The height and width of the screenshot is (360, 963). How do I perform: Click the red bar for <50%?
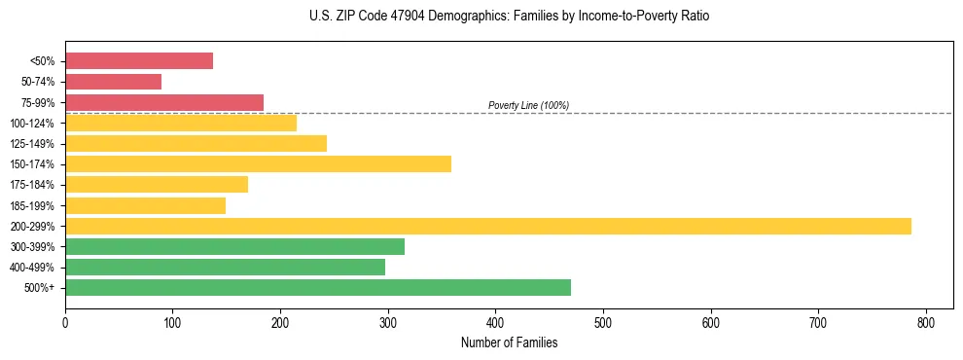pyautogui.click(x=139, y=61)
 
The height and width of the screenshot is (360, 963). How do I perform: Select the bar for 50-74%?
pyautogui.click(x=113, y=82)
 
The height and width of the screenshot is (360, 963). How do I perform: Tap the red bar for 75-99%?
pyautogui.click(x=164, y=102)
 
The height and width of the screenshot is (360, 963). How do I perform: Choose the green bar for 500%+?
pyautogui.click(x=318, y=287)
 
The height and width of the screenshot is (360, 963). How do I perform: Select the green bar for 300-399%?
pyautogui.click(x=234, y=246)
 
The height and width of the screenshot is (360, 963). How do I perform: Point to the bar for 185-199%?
pyautogui.click(x=145, y=205)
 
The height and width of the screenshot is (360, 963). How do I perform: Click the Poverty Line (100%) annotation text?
pyautogui.click(x=528, y=105)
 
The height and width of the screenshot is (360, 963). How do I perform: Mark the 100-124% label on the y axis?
pyautogui.click(x=38, y=124)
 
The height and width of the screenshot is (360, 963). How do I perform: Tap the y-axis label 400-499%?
pyautogui.click(x=38, y=268)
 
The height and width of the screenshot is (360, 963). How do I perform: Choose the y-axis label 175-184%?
pyautogui.click(x=38, y=185)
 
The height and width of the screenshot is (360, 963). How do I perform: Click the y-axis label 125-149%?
pyautogui.click(x=38, y=144)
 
